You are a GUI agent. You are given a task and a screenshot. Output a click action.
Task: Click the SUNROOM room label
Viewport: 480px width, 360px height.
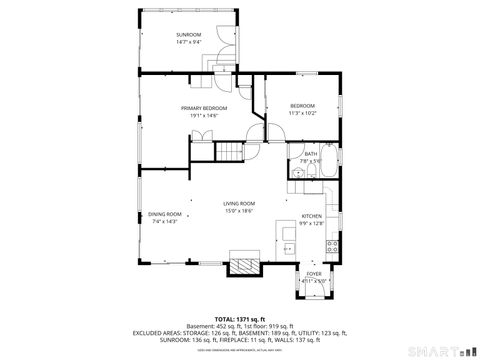189,35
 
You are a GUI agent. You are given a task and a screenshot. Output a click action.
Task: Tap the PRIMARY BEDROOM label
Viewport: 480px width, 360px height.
204,108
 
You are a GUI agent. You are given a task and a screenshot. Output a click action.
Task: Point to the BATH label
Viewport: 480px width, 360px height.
311,153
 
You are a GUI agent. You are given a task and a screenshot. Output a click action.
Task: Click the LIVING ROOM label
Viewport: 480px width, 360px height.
239,203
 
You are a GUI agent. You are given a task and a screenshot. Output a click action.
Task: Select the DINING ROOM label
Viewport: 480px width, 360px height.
165,214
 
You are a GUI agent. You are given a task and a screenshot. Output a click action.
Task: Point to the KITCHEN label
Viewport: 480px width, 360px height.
312,216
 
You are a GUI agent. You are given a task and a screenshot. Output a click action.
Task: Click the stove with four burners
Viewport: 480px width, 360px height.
332,244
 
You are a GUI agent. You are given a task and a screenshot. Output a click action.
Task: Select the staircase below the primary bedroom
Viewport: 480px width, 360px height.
231,153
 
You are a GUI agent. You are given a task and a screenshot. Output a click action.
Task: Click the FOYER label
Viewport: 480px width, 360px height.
314,273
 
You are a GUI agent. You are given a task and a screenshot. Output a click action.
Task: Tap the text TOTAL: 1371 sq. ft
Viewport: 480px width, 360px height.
240,317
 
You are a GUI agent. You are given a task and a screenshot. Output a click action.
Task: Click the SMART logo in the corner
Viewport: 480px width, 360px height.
440,352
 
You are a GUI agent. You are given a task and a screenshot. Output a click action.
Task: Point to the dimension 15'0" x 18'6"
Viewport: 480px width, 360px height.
239,210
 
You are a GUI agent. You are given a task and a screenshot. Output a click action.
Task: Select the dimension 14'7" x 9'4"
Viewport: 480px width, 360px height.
189,42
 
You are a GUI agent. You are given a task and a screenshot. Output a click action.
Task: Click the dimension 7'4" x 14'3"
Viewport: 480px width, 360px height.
165,221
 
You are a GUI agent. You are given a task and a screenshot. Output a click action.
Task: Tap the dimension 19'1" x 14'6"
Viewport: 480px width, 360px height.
204,115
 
